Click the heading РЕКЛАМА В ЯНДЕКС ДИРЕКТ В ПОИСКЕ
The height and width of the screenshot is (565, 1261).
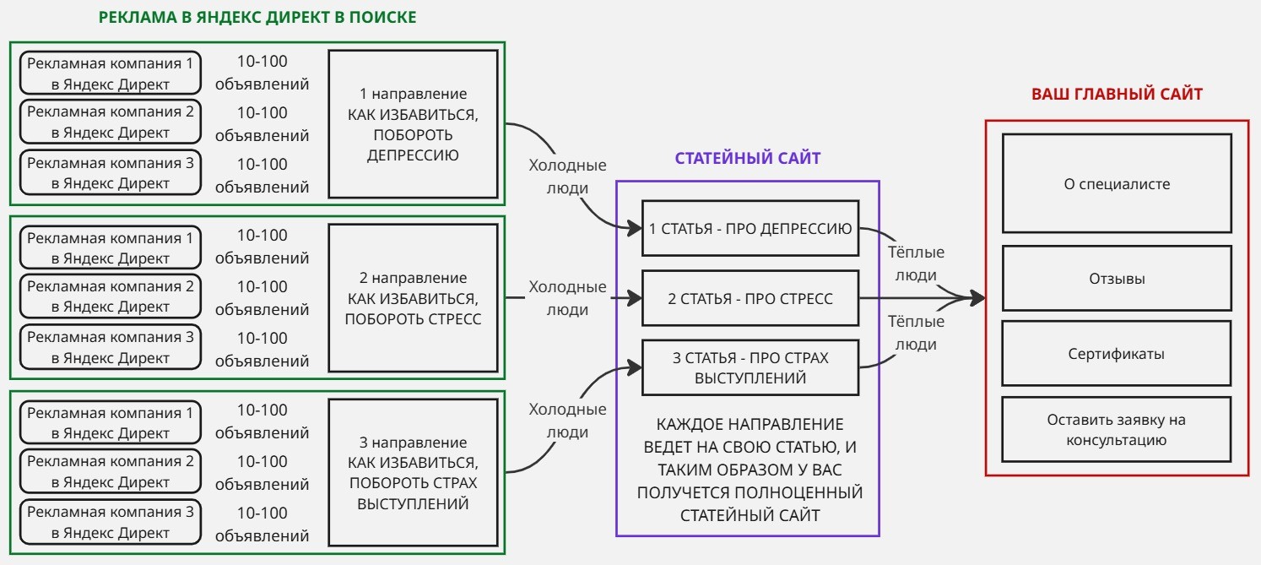[x=257, y=17]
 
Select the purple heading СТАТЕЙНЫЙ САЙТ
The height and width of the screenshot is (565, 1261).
[x=747, y=158]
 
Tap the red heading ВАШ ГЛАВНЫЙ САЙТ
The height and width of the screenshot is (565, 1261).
[x=1117, y=95]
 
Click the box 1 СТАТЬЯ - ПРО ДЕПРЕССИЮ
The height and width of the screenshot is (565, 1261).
[x=750, y=228]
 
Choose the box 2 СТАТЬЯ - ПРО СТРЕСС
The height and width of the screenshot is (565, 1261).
[x=750, y=298]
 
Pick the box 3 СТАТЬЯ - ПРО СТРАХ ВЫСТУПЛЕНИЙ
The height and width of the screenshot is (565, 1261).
[x=750, y=367]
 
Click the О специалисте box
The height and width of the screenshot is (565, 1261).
[x=1117, y=183]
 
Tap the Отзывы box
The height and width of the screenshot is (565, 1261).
[x=1117, y=278]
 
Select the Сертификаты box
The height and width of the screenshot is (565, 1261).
[x=1117, y=354]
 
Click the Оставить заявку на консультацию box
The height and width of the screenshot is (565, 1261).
[x=1117, y=429]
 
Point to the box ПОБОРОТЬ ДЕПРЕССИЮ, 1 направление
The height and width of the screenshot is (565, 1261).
[x=413, y=124]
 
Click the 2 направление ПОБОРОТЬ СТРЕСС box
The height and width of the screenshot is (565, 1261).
[x=413, y=298]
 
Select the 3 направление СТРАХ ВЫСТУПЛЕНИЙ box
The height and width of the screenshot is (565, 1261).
[x=413, y=473]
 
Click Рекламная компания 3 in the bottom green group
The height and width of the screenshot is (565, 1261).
[x=111, y=522]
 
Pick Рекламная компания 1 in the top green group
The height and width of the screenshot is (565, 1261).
[x=111, y=73]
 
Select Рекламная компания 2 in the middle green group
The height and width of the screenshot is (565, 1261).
[x=111, y=296]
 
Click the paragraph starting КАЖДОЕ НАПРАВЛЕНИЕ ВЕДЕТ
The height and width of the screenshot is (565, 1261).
[x=750, y=470]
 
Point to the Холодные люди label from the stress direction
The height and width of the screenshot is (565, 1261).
[x=567, y=298]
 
